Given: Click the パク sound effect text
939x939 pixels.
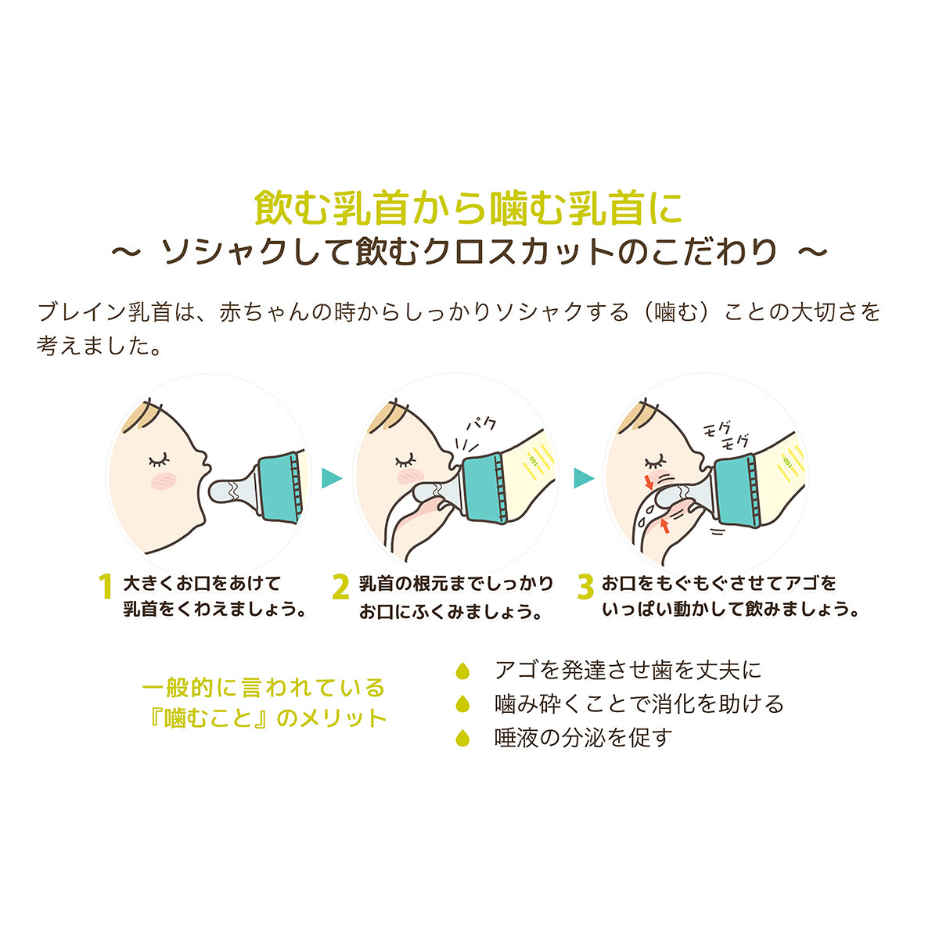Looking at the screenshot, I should (480, 423).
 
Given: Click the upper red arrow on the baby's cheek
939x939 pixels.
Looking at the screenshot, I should (649, 481).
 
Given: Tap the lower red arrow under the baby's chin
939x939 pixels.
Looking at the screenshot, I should (664, 524).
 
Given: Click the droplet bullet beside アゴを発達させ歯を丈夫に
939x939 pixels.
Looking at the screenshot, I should (462, 671).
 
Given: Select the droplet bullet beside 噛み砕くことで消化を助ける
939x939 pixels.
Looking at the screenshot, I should (462, 703).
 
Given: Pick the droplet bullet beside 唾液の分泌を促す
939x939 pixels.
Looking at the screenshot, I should (462, 737).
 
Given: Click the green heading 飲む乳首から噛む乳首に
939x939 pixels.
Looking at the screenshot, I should (469, 207).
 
